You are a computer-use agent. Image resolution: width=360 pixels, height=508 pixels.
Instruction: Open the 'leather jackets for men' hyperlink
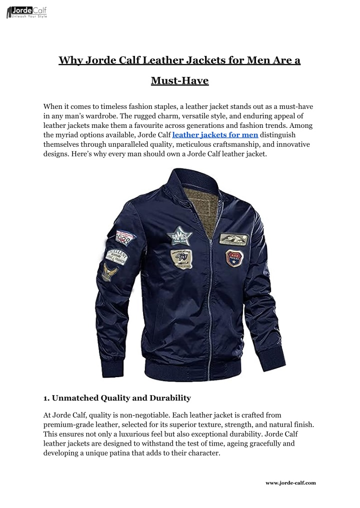coord(215,135)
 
